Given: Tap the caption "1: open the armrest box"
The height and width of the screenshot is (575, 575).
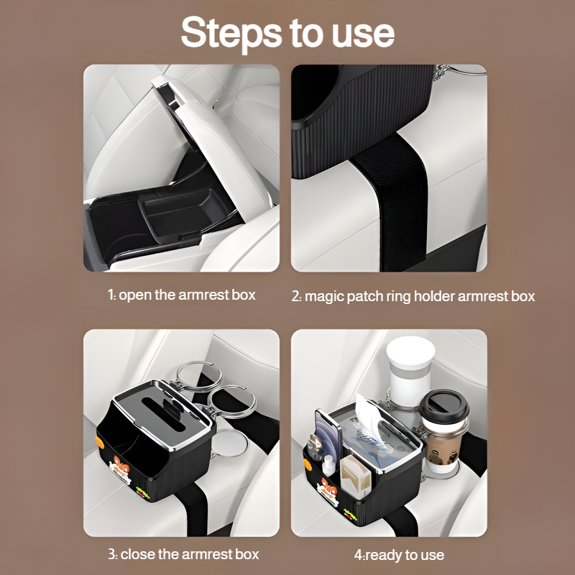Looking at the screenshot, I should pyautogui.click(x=181, y=295).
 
